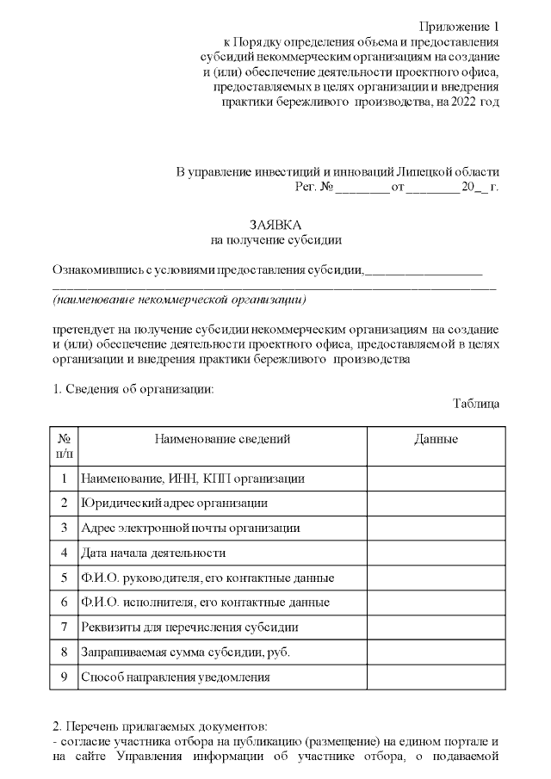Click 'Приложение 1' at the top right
[458, 25]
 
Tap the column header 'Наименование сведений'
[222, 439]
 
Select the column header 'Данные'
[436, 439]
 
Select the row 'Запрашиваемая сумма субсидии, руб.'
[185, 652]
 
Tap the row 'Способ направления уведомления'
[176, 677]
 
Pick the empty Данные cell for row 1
[436, 477]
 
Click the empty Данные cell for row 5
[436, 577]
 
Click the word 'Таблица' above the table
[475, 403]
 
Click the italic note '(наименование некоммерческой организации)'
[179, 300]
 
